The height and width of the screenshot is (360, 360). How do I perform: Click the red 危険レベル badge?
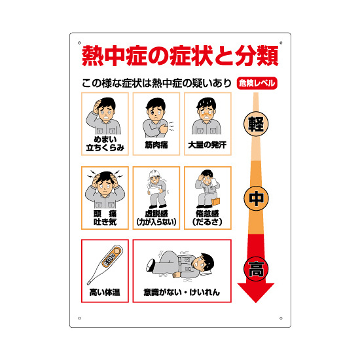(x=257, y=83)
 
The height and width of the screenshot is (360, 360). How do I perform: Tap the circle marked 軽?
(x=256, y=124)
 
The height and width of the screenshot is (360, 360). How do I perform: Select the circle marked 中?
(x=256, y=198)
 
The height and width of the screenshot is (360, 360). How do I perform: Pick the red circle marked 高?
(x=256, y=269)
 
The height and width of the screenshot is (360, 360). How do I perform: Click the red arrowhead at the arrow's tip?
(x=256, y=292)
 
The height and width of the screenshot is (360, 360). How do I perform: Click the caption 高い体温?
(x=105, y=293)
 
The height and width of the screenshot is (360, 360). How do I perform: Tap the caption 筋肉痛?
(x=156, y=145)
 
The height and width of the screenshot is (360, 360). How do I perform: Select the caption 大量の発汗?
(x=207, y=145)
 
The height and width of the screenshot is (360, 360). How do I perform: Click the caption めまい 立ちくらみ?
(x=105, y=143)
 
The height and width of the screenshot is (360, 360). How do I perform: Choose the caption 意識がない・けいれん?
(x=181, y=293)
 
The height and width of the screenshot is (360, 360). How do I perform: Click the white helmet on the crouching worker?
(x=154, y=173)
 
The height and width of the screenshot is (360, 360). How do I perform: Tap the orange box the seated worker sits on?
(x=215, y=202)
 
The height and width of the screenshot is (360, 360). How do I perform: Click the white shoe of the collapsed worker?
(x=151, y=264)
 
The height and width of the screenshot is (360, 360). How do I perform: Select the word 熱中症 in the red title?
(x=115, y=56)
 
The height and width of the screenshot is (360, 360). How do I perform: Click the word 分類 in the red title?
(x=257, y=56)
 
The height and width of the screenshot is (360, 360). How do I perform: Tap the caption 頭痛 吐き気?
(x=105, y=218)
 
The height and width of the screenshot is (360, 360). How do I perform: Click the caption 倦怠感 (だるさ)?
(x=207, y=218)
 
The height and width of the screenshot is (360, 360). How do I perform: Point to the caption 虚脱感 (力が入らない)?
(x=156, y=218)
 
